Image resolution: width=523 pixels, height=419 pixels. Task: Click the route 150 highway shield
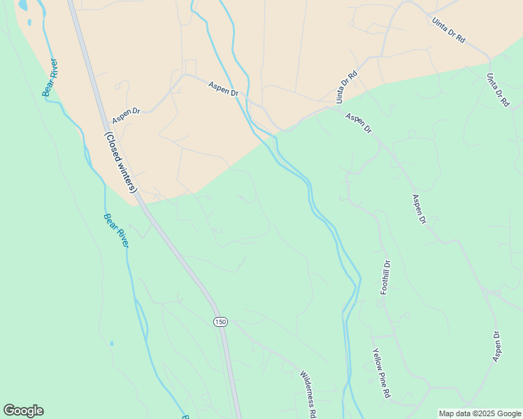220,321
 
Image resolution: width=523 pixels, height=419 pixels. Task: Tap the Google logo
23,411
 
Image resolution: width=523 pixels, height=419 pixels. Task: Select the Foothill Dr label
385,278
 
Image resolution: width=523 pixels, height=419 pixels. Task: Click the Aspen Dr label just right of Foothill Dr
419,209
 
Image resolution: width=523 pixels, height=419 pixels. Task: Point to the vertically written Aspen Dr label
497,346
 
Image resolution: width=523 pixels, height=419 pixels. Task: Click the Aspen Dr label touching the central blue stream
224,88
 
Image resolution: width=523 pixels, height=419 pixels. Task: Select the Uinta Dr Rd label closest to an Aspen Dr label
347,87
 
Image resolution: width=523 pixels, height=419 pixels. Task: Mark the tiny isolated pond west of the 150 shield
111,343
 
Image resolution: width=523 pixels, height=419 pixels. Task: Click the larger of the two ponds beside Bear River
24,5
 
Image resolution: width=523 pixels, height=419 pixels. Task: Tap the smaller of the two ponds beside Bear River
30,22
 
